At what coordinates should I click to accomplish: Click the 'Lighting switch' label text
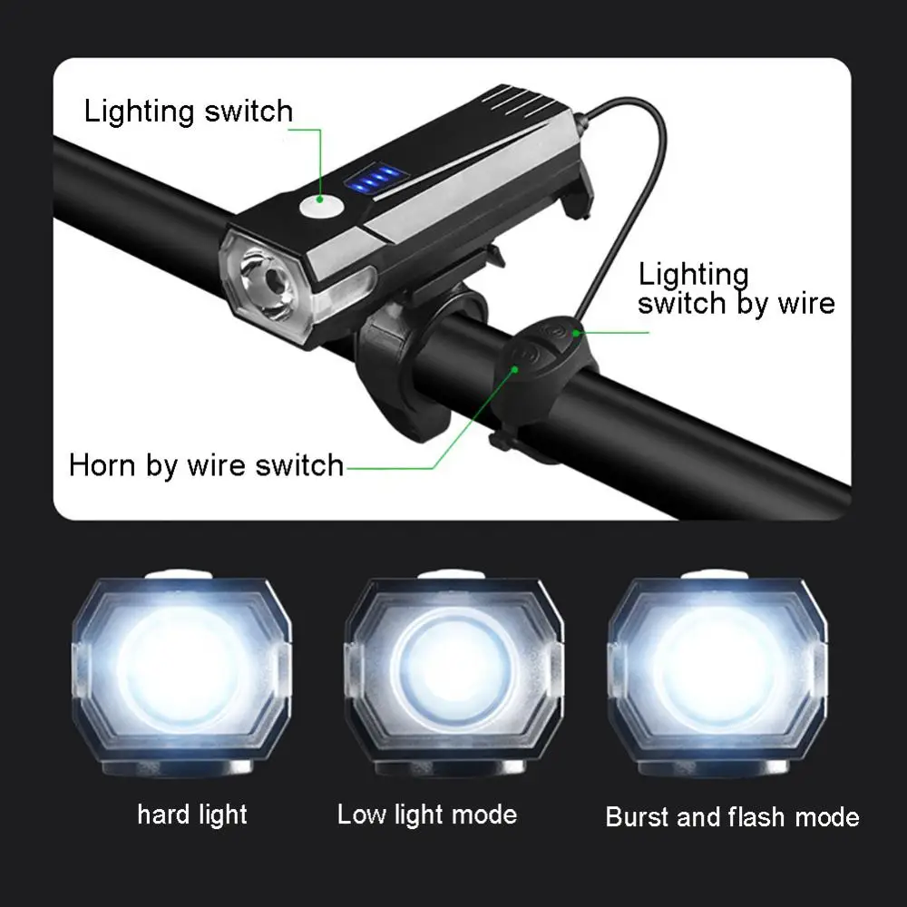tap(189, 112)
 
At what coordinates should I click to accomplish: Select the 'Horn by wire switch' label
tap(206, 466)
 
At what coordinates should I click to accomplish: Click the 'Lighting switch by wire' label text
tap(736, 288)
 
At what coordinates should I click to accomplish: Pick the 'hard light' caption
tap(192, 814)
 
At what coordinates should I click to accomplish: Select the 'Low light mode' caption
tap(427, 814)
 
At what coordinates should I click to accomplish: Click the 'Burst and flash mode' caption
tap(732, 816)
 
